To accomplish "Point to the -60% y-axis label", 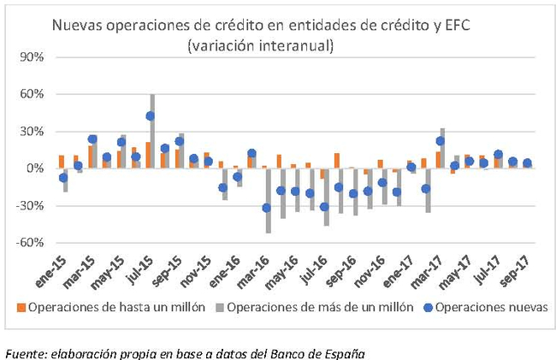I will click(x=31, y=242).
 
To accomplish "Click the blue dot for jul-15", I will click(x=151, y=115).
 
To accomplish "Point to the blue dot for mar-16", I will click(x=266, y=208).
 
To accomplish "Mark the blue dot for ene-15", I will click(x=62, y=177).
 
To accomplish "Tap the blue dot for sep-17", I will click(x=527, y=162).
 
